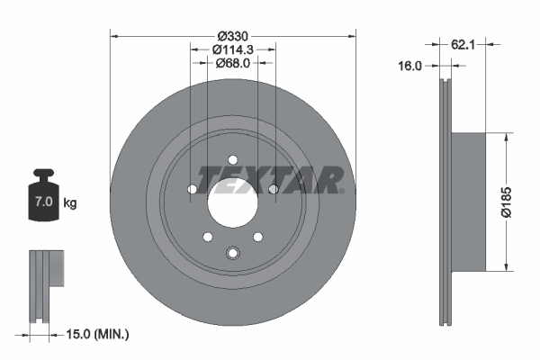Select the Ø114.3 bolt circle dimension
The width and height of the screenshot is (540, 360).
point(232,50)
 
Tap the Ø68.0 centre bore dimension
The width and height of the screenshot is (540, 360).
point(232,64)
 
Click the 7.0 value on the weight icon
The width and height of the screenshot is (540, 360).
point(43,203)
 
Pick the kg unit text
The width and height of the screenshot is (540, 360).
point(70,203)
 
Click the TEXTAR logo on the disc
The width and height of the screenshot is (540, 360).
point(270,178)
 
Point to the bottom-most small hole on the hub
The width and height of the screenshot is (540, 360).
point(232,253)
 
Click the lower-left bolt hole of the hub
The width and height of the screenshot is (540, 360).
point(208,237)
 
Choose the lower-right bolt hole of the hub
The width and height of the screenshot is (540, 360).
point(257,237)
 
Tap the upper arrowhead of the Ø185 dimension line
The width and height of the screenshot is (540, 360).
point(508,136)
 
